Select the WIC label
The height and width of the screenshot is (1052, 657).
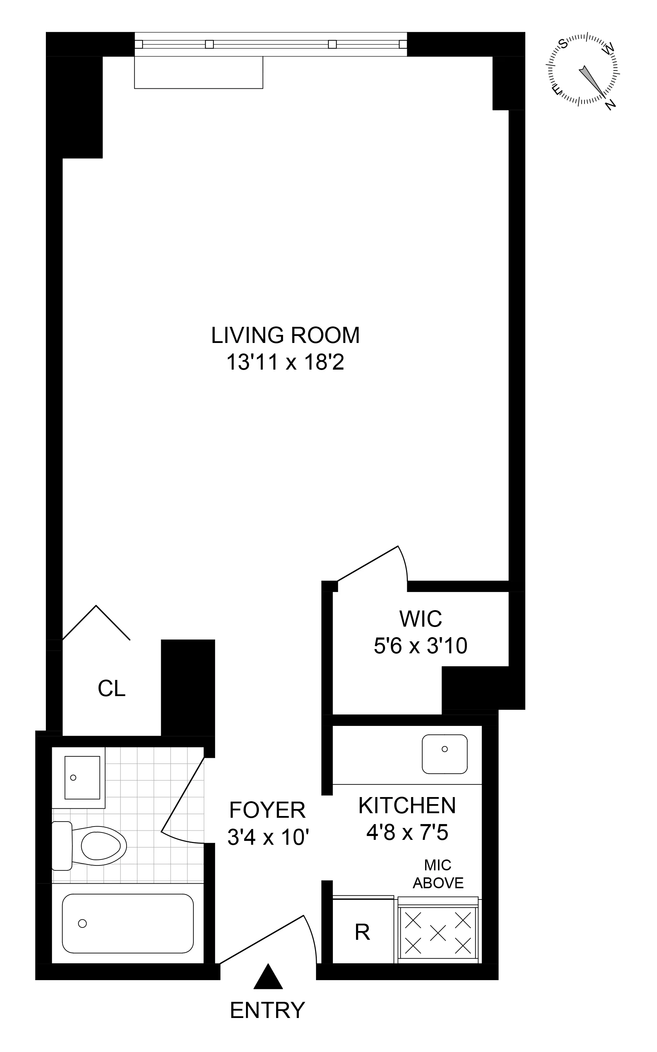tap(420, 619)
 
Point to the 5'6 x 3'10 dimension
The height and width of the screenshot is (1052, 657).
tap(420, 646)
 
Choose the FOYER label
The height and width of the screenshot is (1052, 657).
tap(267, 810)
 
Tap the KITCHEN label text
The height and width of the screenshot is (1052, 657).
tap(407, 805)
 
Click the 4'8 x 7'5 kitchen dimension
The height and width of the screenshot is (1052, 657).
tap(407, 833)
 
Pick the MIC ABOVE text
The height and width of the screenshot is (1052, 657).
tap(438, 874)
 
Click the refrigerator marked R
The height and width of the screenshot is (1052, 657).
tap(362, 932)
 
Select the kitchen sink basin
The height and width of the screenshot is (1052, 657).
tap(445, 754)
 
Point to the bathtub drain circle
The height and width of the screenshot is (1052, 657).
tap(82, 923)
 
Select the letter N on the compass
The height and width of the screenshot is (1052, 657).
tap(610, 104)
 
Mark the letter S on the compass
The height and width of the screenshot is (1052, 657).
tap(563, 43)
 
